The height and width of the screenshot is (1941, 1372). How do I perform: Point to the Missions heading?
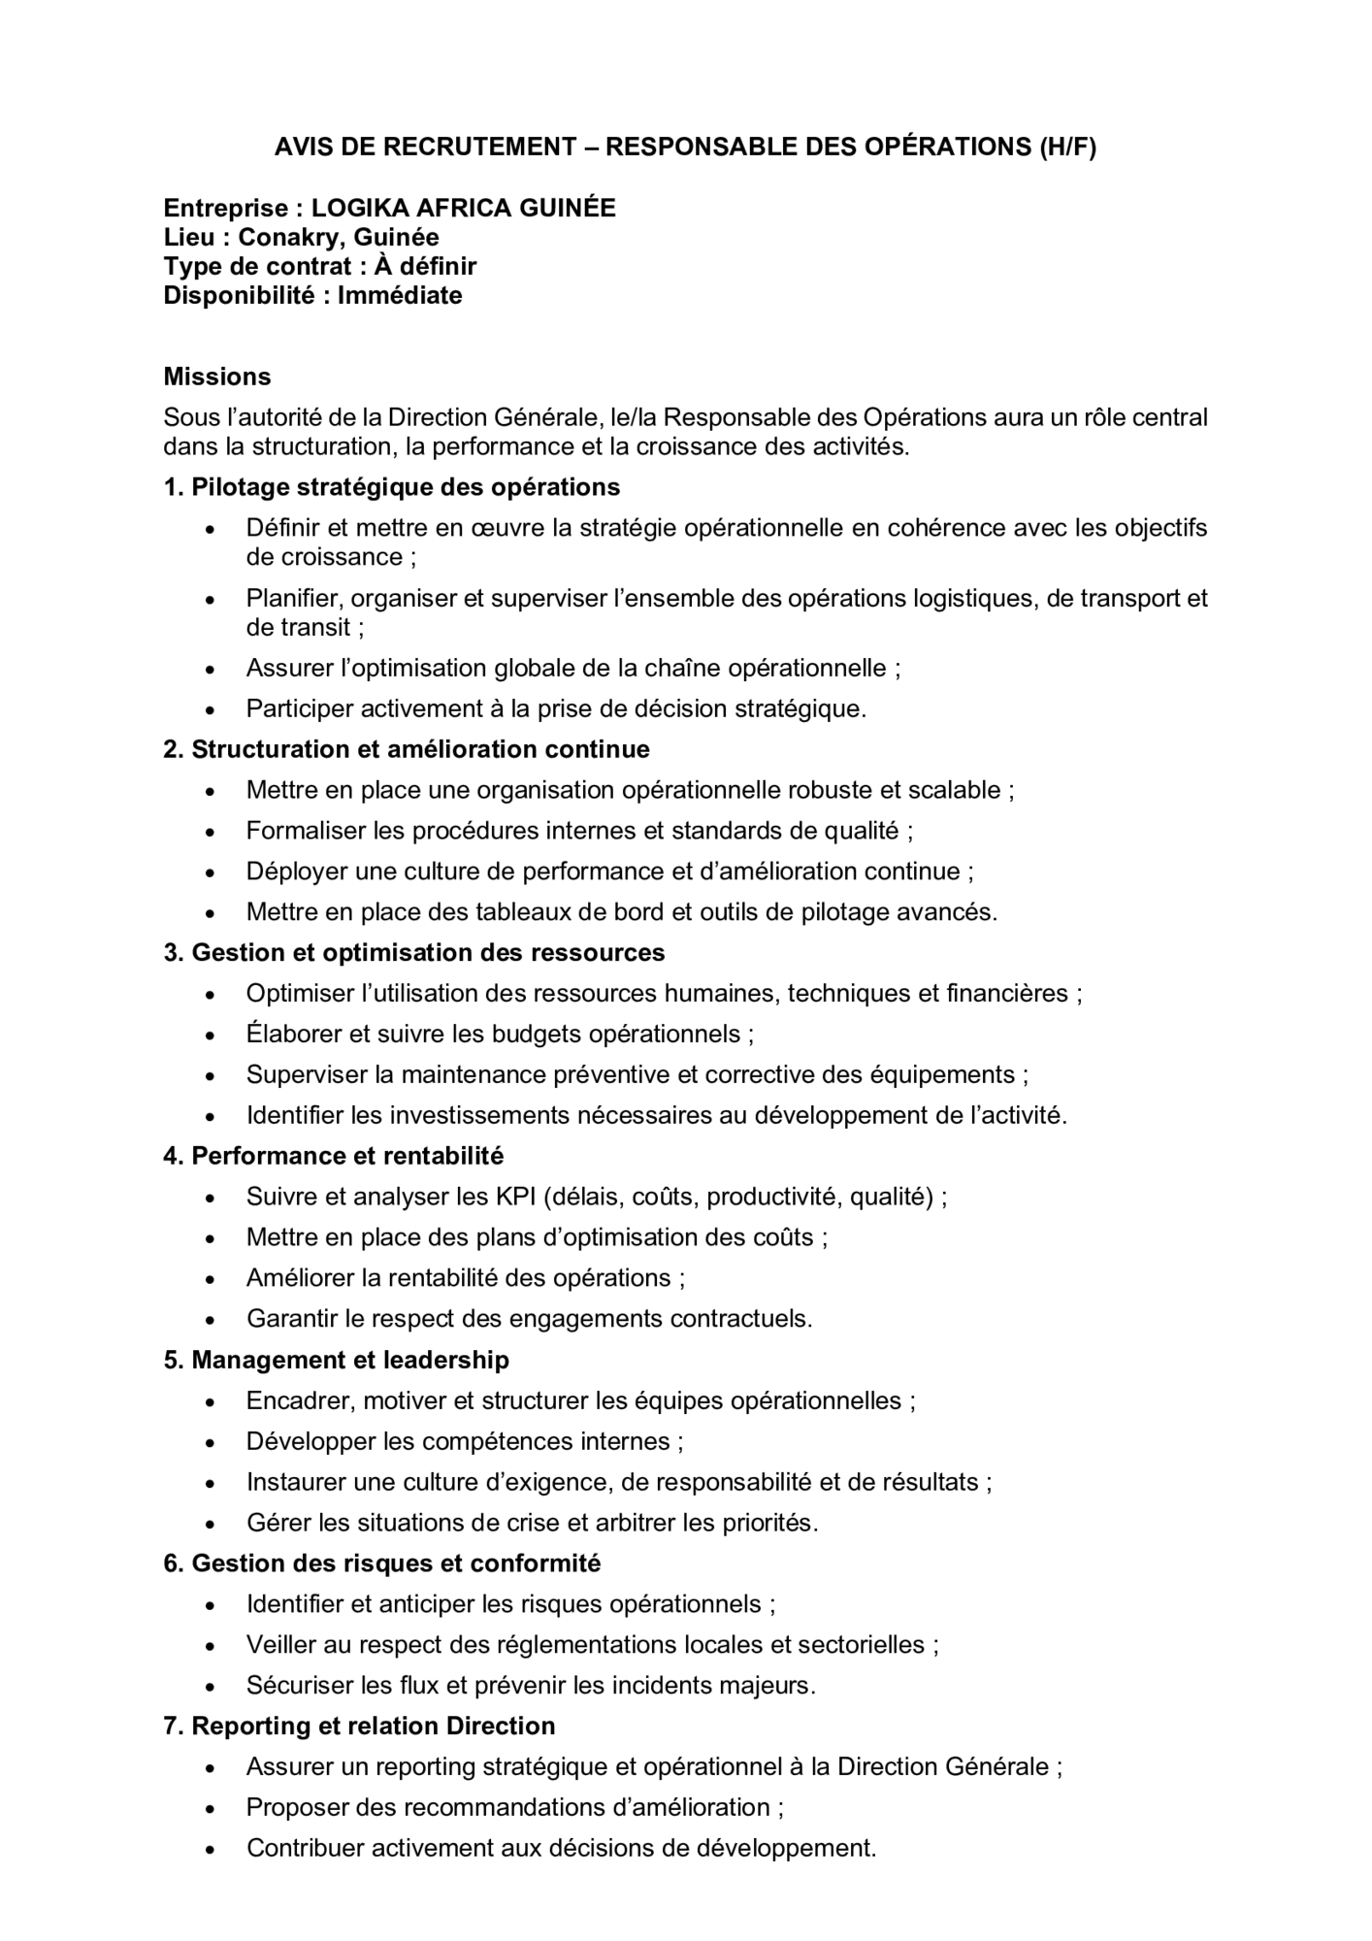pyautogui.click(x=217, y=377)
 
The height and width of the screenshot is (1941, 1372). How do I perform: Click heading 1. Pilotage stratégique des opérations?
pyautogui.click(x=392, y=487)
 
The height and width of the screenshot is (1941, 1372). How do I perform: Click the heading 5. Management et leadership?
pyautogui.click(x=337, y=1360)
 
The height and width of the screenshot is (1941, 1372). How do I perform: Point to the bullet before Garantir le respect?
pyautogui.click(x=211, y=1320)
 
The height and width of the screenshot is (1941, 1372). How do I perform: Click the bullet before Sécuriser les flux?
pyautogui.click(x=211, y=1687)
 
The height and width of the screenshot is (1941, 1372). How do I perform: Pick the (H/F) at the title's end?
pyautogui.click(x=1067, y=147)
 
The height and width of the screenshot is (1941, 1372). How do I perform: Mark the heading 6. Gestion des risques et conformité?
pyautogui.click(x=382, y=1563)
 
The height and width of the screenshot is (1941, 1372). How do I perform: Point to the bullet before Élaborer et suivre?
pyautogui.click(x=211, y=1036)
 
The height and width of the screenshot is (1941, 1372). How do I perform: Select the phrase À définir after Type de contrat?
pyautogui.click(x=425, y=266)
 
